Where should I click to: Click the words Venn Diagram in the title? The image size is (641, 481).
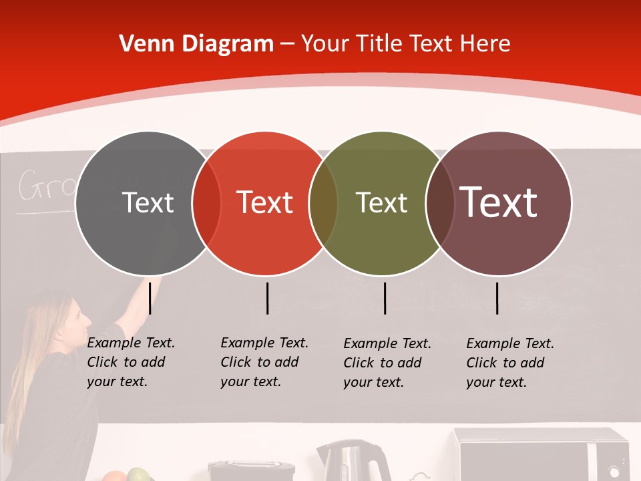[x=196, y=44]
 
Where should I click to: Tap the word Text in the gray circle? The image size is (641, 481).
[x=148, y=202]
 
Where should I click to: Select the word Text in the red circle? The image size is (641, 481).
[x=265, y=202]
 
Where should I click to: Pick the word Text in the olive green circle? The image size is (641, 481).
[x=381, y=202]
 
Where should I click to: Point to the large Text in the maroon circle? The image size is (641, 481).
[x=499, y=202]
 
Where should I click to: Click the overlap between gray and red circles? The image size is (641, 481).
[x=206, y=203]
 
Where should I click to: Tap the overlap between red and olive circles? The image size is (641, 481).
[x=323, y=203]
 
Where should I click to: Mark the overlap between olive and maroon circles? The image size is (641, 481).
[x=439, y=203]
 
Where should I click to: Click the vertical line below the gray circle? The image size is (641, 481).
[x=150, y=298]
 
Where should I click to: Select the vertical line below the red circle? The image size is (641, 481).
[x=267, y=298]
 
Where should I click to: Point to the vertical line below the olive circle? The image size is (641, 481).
[x=385, y=298]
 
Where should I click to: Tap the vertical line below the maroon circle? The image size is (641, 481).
[x=497, y=298]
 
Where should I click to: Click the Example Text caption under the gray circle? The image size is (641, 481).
[x=131, y=362]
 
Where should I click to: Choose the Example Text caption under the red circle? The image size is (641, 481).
[x=264, y=362]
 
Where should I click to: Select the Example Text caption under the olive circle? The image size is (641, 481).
[x=387, y=363]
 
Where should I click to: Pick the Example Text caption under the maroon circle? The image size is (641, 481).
[x=510, y=363]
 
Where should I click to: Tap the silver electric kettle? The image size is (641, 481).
[x=353, y=461]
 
